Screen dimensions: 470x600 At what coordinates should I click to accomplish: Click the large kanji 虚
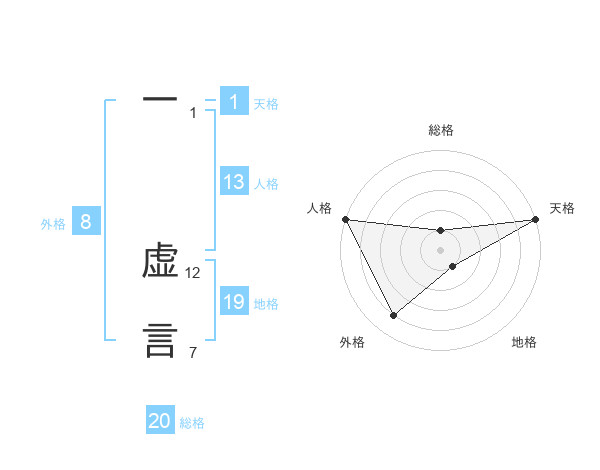[x=160, y=263]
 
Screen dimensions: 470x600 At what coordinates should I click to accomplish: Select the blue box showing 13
[x=234, y=182]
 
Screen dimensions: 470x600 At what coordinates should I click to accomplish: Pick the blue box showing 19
[x=234, y=302]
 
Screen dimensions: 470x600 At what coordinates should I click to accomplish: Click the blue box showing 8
[x=86, y=222]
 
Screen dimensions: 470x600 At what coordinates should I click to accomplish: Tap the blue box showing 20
[x=160, y=421]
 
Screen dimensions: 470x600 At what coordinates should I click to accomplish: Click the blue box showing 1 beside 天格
[x=234, y=102]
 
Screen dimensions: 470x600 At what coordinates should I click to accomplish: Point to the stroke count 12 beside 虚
[x=193, y=273]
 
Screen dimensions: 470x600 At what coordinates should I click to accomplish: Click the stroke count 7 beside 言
[x=193, y=352]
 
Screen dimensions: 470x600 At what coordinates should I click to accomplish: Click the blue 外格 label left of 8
[x=53, y=224]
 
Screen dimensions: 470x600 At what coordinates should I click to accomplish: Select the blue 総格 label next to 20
[x=192, y=423]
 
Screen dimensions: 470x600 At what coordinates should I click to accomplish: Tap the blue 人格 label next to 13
[x=266, y=184]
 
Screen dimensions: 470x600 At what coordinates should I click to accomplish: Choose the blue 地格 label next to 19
[x=266, y=304]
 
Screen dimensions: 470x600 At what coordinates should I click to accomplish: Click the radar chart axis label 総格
[x=441, y=130]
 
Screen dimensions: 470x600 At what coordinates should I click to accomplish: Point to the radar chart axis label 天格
[x=562, y=208]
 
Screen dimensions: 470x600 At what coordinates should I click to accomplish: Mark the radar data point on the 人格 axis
[x=345, y=219]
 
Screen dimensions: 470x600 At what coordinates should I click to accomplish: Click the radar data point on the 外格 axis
[x=393, y=316]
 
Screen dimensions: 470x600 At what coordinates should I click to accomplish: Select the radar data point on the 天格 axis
[x=536, y=219]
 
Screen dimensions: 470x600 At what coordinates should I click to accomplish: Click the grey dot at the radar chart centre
[x=441, y=250]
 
